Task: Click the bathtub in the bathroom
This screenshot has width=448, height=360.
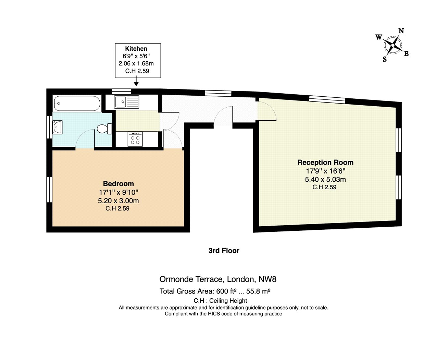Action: [77, 103]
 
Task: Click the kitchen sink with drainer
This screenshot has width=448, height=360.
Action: [126, 102]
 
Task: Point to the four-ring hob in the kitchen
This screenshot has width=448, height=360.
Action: [135, 139]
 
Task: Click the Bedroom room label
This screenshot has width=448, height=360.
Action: [118, 184]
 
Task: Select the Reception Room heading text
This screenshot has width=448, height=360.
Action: [325, 163]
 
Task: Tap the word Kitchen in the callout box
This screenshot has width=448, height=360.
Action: [136, 49]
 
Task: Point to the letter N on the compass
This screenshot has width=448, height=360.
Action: [401, 31]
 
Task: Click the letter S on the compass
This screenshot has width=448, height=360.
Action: [385, 59]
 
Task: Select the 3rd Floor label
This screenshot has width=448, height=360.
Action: [224, 251]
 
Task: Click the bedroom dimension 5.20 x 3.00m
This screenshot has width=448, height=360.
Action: [118, 201]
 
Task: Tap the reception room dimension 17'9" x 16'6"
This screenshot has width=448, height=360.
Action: [325, 171]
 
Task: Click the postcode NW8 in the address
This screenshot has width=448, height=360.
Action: [267, 279]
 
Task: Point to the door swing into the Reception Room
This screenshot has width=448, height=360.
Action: [267, 110]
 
